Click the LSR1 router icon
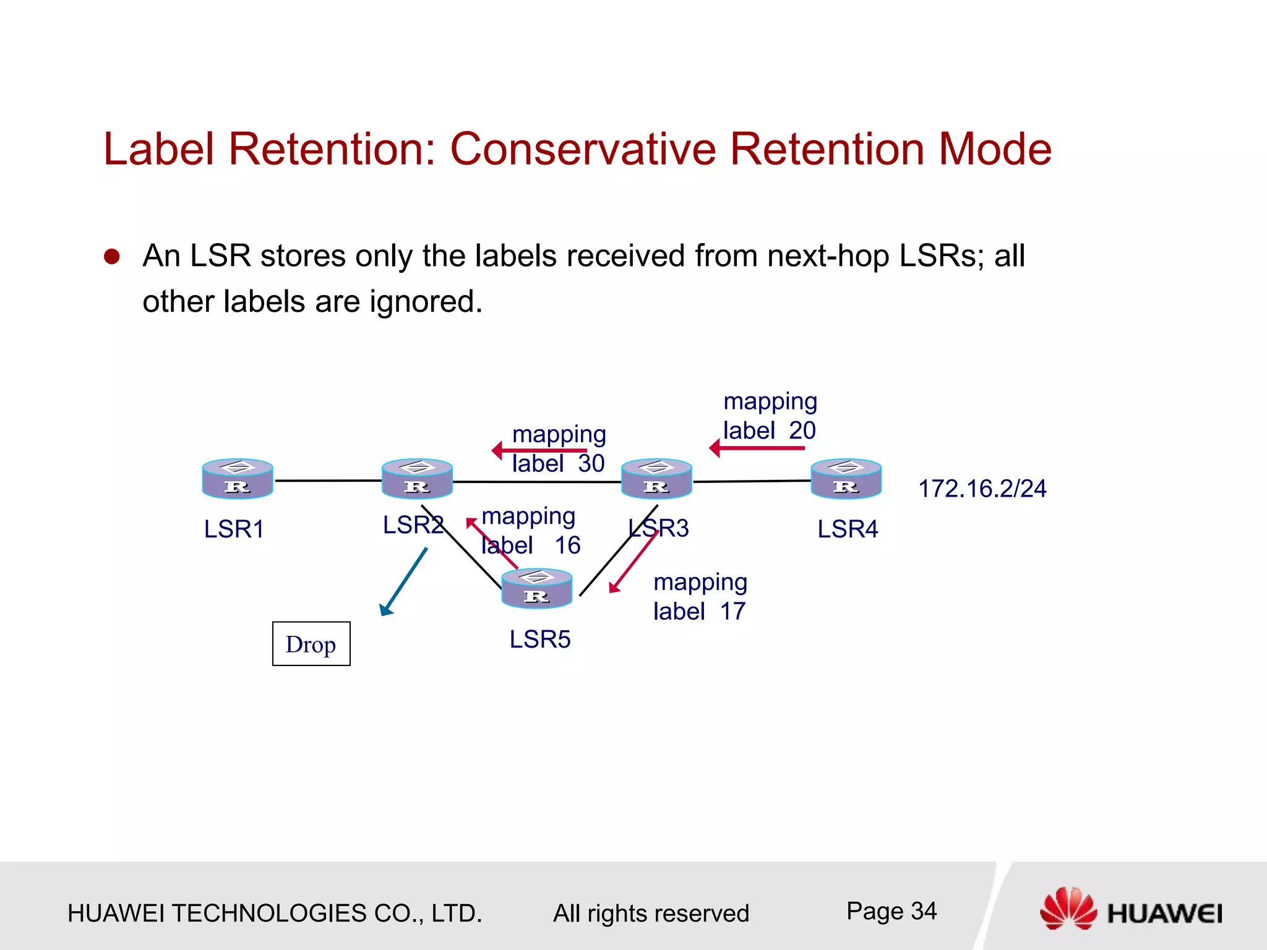(238, 479)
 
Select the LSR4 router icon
(846, 479)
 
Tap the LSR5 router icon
(536, 588)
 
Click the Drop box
(311, 644)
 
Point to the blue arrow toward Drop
(403, 582)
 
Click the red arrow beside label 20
(756, 448)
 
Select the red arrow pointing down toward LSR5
(633, 562)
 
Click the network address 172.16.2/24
(982, 489)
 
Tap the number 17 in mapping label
(733, 612)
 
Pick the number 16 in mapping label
(567, 546)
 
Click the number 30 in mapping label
(591, 464)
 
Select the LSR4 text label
(848, 529)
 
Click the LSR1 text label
(234, 529)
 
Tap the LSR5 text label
(539, 640)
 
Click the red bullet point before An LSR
(112, 257)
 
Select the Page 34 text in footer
(891, 911)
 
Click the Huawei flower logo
(1068, 908)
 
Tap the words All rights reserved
(651, 914)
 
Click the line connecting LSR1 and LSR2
(327, 481)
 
